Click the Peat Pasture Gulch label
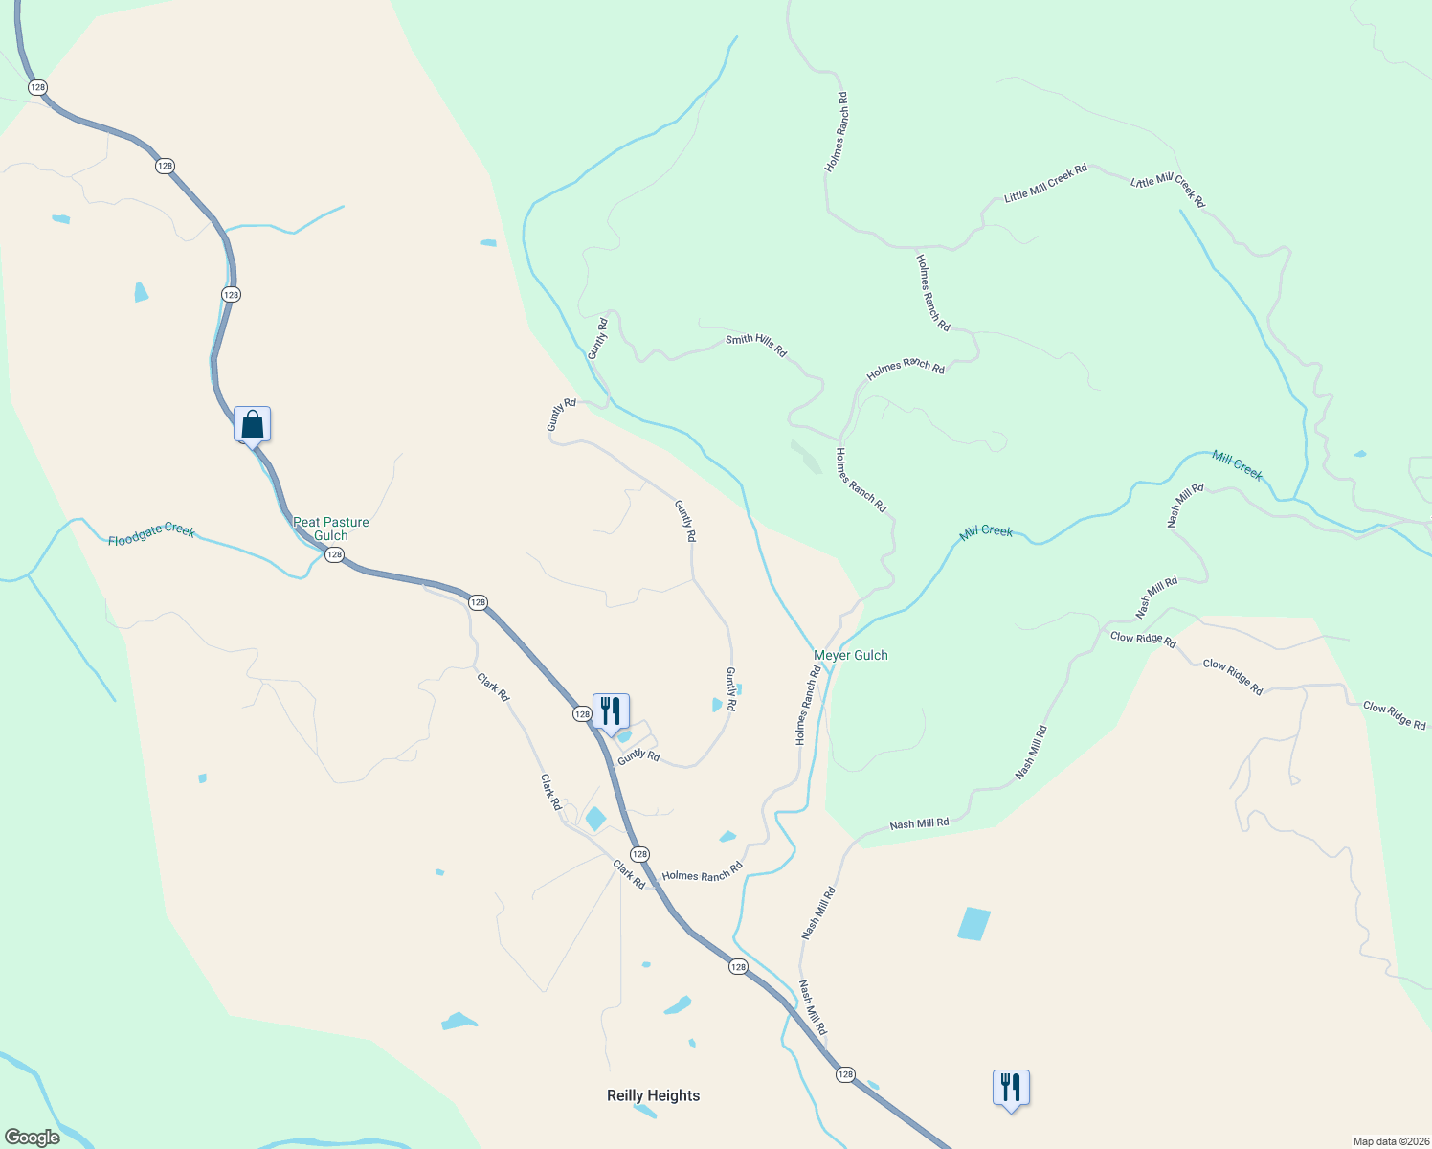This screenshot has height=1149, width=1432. pyautogui.click(x=331, y=529)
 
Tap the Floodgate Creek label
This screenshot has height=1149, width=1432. pyautogui.click(x=151, y=534)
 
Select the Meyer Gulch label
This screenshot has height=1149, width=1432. pyautogui.click(x=851, y=656)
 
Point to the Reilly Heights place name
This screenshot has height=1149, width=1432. pyautogui.click(x=654, y=1095)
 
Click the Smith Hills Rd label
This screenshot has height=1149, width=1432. pyautogui.click(x=756, y=346)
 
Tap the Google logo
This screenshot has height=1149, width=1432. pyautogui.click(x=33, y=1138)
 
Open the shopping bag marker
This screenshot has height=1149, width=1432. pyautogui.click(x=253, y=424)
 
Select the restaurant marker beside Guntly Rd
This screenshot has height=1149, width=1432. pyautogui.click(x=611, y=711)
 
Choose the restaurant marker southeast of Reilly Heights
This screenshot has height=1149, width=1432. pyautogui.click(x=1011, y=1088)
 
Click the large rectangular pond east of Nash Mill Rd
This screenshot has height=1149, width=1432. pyautogui.click(x=974, y=924)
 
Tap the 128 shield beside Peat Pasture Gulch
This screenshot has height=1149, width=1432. pyautogui.click(x=334, y=555)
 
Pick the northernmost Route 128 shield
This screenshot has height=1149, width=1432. pyautogui.click(x=37, y=87)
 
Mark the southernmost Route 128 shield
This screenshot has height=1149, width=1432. pyautogui.click(x=845, y=1074)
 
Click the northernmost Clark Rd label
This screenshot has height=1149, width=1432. pyautogui.click(x=493, y=687)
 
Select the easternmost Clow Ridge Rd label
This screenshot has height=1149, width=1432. pyautogui.click(x=1395, y=715)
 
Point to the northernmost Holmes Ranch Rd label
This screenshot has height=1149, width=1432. pyautogui.click(x=837, y=132)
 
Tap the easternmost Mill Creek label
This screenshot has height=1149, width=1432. pyautogui.click(x=1238, y=465)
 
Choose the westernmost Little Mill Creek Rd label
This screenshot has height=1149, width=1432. pyautogui.click(x=1045, y=183)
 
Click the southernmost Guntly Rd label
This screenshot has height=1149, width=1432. pyautogui.click(x=638, y=756)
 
